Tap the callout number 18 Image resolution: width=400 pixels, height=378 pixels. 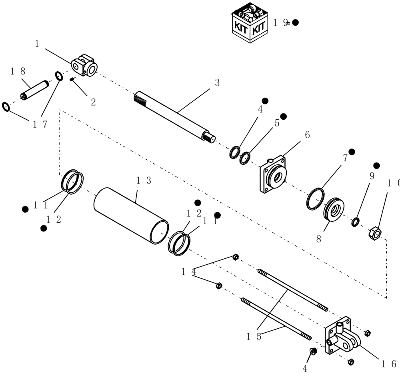point(18,71)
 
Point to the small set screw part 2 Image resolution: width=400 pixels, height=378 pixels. point(72,79)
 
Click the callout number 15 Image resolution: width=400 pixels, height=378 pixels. point(254,336)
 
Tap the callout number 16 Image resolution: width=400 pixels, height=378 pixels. point(388,364)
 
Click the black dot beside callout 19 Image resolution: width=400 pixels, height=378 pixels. point(295,22)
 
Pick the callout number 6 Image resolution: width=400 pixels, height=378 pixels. point(307,135)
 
